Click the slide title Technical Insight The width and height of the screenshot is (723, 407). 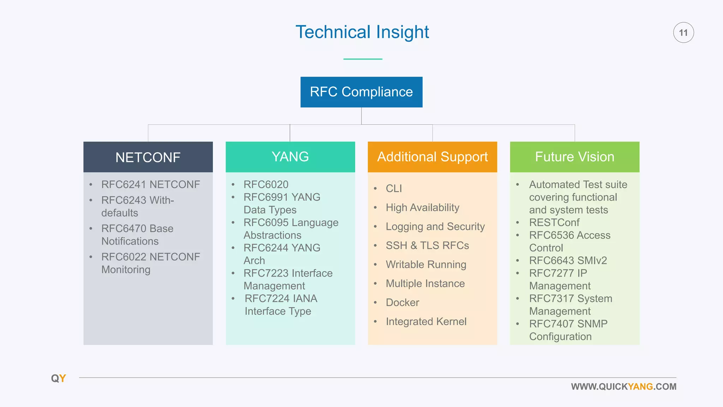click(362, 32)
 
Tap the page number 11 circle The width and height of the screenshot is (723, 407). click(683, 33)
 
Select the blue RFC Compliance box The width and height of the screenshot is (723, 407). click(361, 92)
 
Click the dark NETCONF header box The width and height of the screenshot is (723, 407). click(148, 157)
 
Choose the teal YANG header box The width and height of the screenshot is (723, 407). click(290, 157)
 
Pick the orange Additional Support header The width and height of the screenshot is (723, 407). click(432, 157)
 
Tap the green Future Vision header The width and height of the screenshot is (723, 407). click(574, 157)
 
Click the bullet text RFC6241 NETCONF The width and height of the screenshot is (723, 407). click(150, 184)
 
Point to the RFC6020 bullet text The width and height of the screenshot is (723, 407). click(266, 184)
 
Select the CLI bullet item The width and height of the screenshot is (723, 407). click(394, 189)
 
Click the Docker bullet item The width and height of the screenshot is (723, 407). click(402, 303)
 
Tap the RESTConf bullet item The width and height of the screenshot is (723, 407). click(554, 223)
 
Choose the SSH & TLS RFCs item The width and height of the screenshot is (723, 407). click(427, 246)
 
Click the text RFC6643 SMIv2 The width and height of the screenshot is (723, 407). click(568, 261)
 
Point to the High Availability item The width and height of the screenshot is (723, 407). click(422, 208)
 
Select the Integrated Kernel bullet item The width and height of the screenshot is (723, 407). click(426, 322)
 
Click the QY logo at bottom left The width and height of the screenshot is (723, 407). click(59, 378)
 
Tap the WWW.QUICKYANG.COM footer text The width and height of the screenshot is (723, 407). click(623, 387)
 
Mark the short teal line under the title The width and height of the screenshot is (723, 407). click(363, 59)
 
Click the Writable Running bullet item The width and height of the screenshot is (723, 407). click(426, 265)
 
